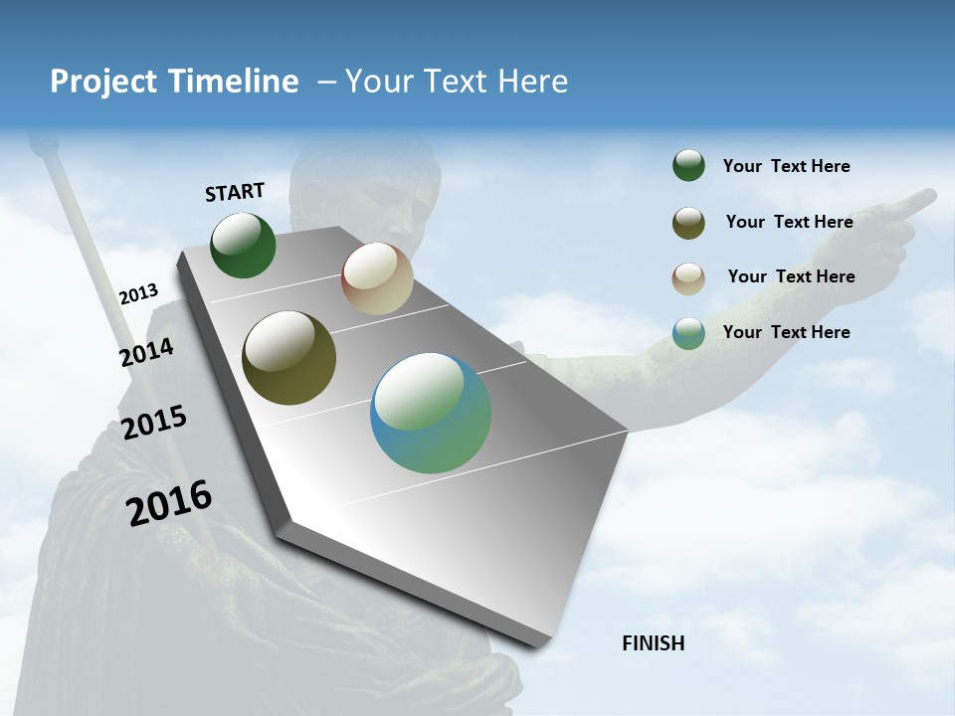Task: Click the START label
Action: pos(235,192)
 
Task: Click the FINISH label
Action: pos(654,643)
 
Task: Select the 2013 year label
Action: pos(139,294)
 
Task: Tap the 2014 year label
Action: pos(147,353)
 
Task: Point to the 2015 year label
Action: pos(154,423)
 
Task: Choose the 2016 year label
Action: pos(169,503)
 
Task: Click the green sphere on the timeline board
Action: pos(243,246)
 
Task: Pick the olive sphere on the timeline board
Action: pos(288,358)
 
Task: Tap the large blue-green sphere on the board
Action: pos(431,413)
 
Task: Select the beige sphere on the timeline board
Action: pos(377,278)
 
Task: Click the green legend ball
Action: pos(688,166)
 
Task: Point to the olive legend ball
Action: pos(688,223)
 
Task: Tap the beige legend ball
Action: pos(688,278)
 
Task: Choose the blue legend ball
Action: pos(688,333)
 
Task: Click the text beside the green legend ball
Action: pos(786,166)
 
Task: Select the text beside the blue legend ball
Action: pos(786,332)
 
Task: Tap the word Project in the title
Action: pos(101,82)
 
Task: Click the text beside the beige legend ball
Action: pos(791,276)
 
